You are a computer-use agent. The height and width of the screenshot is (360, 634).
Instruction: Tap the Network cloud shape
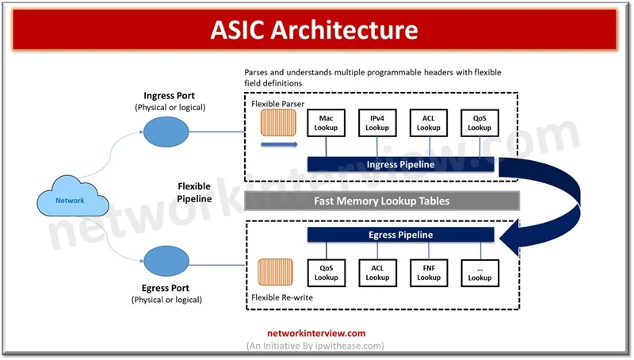tap(70, 200)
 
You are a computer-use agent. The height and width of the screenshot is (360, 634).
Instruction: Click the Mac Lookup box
tap(326, 123)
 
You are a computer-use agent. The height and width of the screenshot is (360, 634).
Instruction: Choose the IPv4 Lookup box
tap(377, 123)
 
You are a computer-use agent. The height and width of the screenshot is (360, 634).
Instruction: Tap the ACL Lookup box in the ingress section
tap(429, 123)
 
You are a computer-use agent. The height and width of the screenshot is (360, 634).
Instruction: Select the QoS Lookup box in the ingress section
tap(479, 123)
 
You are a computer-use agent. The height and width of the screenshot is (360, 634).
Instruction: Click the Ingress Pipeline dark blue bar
tap(400, 164)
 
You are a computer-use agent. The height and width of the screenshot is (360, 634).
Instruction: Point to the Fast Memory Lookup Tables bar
tap(382, 201)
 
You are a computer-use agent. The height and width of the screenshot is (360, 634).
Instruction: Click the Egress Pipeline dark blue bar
tap(400, 235)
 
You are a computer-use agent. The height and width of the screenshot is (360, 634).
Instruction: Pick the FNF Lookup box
tap(429, 273)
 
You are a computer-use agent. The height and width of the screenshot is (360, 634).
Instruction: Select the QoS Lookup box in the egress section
tap(326, 273)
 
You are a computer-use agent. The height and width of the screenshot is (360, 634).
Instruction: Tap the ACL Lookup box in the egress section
tap(377, 273)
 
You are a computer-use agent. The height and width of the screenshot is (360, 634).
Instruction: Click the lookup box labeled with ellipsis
tap(479, 273)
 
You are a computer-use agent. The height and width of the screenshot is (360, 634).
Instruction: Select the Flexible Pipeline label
tap(194, 193)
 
